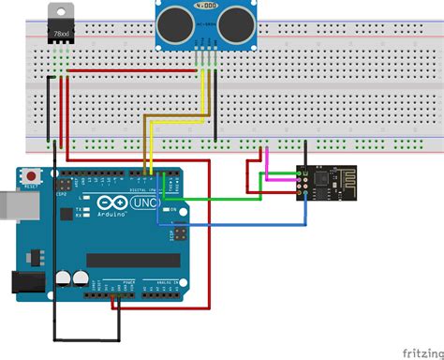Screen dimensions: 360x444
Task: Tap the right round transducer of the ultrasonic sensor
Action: click(x=229, y=26)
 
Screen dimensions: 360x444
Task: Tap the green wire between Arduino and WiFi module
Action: click(x=234, y=198)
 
